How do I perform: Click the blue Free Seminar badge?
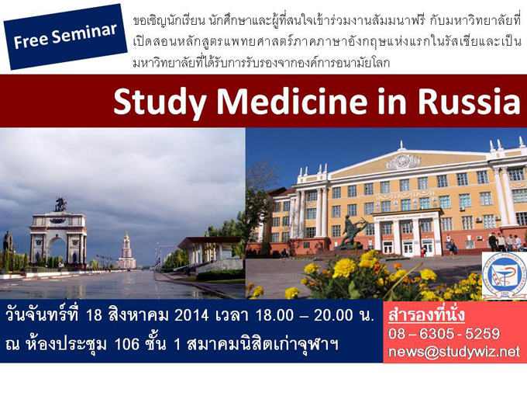click(x=66, y=36)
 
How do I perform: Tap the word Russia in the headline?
click(x=469, y=101)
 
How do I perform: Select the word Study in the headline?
click(x=160, y=102)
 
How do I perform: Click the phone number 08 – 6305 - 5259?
click(x=443, y=334)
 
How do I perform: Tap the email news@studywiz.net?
click(x=453, y=352)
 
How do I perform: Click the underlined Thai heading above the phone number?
click(x=426, y=315)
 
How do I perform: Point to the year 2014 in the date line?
click(x=192, y=315)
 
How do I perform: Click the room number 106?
click(x=126, y=344)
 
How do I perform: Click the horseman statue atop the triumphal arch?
click(x=60, y=205)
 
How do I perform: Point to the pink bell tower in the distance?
click(x=126, y=250)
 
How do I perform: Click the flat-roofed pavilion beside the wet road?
click(x=210, y=251)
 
